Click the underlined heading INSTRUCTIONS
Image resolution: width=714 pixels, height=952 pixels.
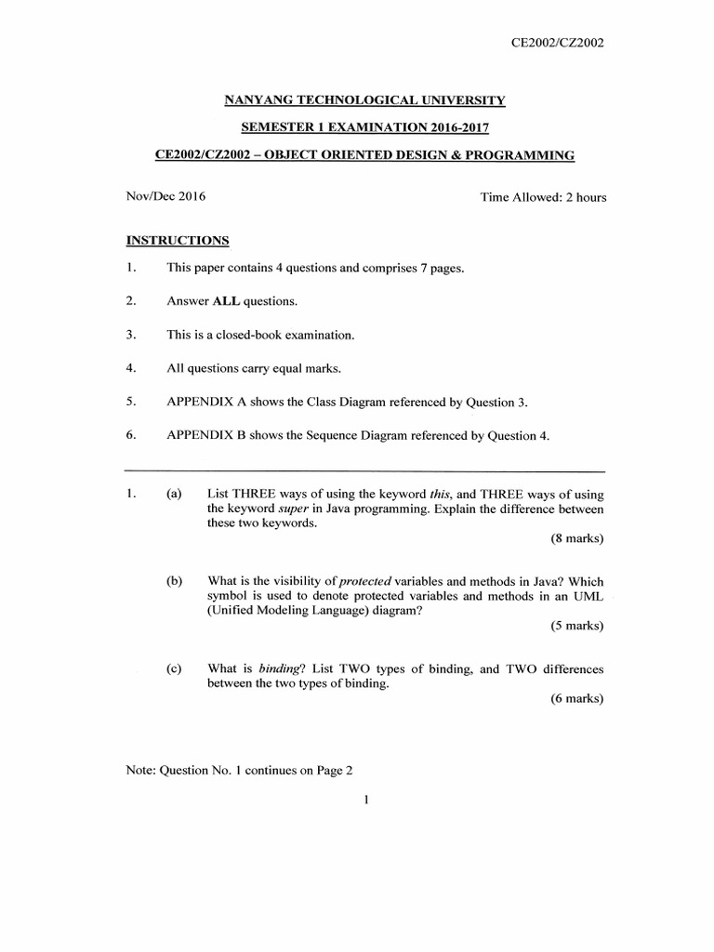[178, 241]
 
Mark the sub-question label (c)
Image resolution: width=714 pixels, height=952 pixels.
[175, 668]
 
